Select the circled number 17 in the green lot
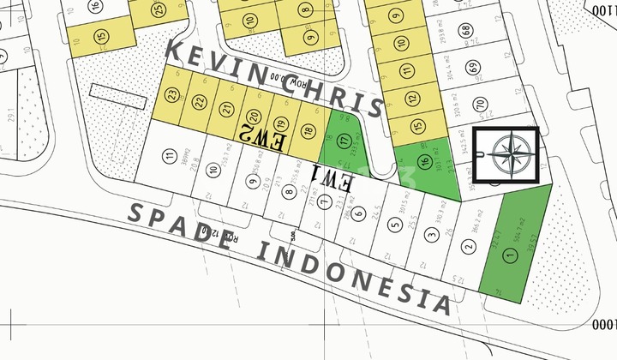click(344, 141)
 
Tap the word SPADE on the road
click(183, 227)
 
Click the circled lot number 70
click(480, 105)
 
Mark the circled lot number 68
click(465, 30)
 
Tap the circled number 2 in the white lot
click(468, 248)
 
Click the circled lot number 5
click(394, 225)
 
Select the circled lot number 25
click(158, 10)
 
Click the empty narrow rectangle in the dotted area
click(112, 93)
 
